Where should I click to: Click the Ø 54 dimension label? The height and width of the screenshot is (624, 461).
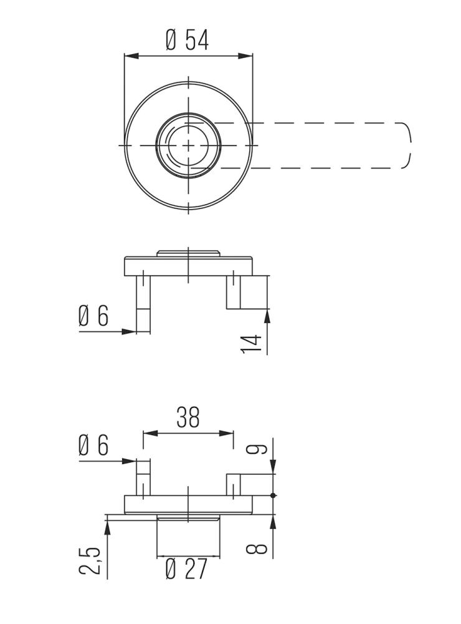tap(188, 40)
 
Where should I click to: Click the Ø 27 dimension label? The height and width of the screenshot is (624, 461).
tap(186, 569)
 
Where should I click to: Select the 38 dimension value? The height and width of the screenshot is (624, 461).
tap(188, 417)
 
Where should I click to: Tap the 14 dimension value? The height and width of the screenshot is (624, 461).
tap(250, 344)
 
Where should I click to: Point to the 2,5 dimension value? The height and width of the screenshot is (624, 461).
tap(90, 560)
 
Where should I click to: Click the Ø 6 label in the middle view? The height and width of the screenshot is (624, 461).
tap(93, 316)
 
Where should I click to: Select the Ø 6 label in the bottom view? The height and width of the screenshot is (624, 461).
tap(93, 446)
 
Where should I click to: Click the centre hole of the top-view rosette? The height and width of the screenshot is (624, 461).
tap(188, 145)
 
